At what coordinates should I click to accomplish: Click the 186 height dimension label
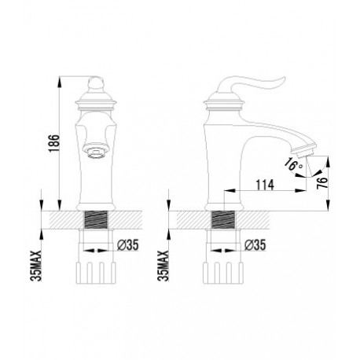(54, 143)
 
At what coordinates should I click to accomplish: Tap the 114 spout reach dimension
(265, 185)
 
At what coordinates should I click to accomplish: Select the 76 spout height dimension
(322, 182)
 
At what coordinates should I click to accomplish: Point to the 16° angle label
(294, 164)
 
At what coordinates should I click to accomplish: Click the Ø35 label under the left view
(127, 245)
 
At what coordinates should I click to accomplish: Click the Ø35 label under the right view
(255, 245)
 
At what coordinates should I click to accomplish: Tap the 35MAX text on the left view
(36, 266)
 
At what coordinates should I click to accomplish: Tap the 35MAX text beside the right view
(163, 266)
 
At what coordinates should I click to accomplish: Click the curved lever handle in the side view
(252, 83)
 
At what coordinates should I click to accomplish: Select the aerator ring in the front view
(95, 152)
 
